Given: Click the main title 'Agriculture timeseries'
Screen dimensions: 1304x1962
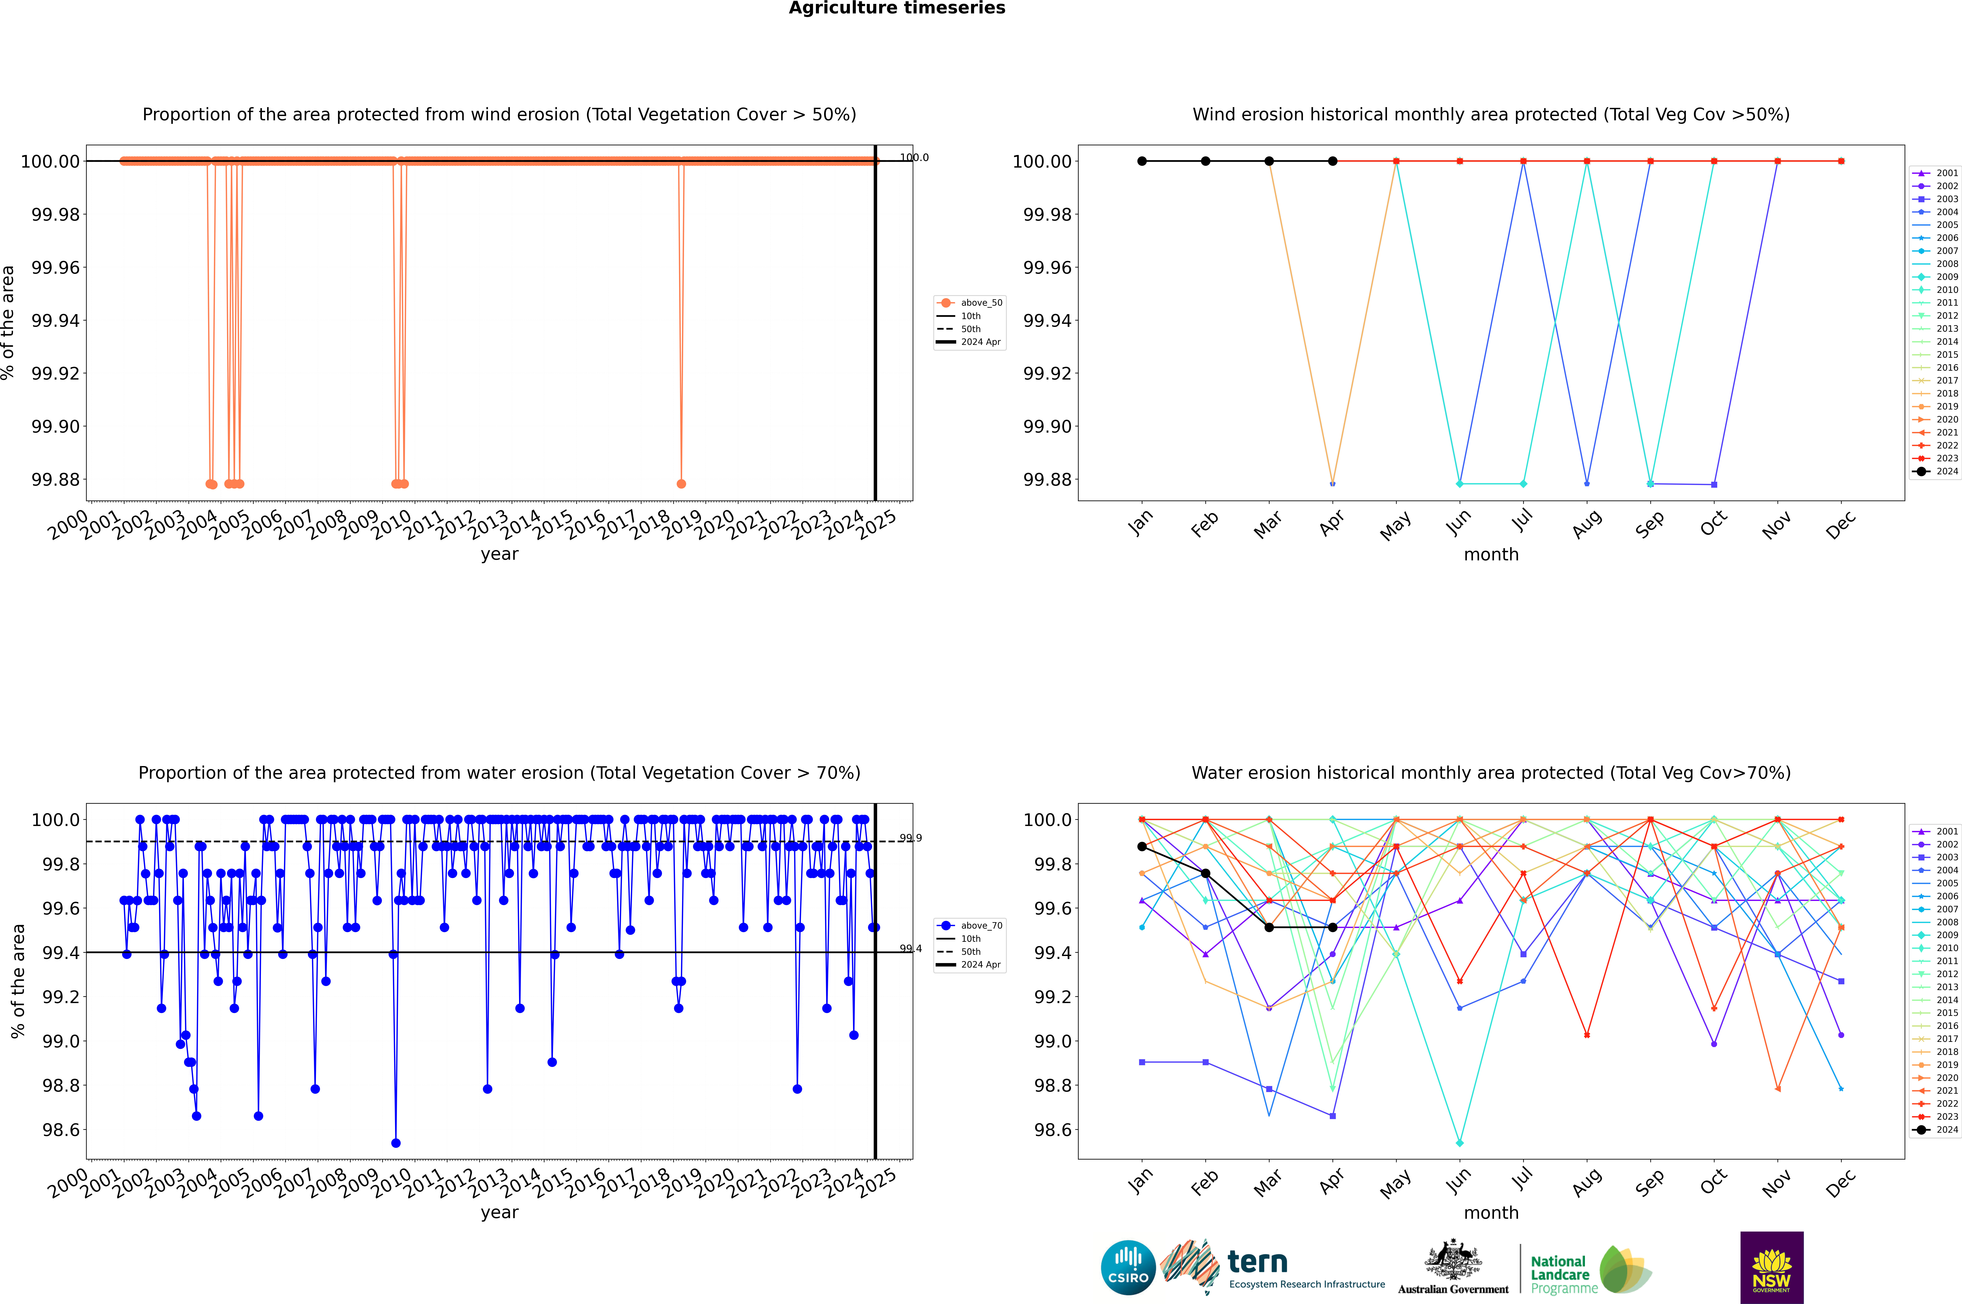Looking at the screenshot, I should click(897, 8).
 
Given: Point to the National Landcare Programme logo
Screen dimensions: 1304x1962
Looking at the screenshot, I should click(1589, 1270).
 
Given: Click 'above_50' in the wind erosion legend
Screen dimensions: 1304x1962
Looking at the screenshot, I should click(981, 303).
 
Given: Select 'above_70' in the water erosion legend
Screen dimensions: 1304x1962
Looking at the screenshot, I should click(981, 926).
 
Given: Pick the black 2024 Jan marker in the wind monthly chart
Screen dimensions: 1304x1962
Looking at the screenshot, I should click(1142, 161).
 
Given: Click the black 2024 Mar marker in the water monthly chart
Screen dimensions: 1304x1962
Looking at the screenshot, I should click(1269, 927).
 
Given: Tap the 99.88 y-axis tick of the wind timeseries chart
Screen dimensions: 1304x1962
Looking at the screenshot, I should click(56, 480).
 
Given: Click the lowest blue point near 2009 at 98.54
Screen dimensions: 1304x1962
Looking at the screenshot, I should click(396, 1143).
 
